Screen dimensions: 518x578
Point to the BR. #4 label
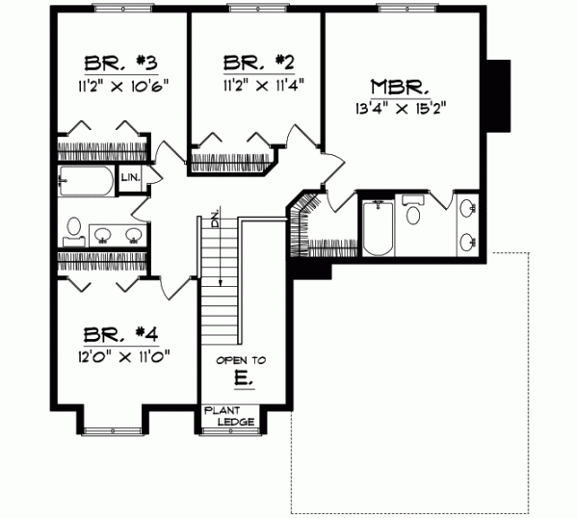point(119,336)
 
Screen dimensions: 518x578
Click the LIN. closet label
point(130,178)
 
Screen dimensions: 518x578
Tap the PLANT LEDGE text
point(228,416)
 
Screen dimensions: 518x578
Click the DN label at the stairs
point(219,219)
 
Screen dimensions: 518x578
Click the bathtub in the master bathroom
point(377,229)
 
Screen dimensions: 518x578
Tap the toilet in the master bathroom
point(413,212)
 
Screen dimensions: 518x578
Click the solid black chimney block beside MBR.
point(498,95)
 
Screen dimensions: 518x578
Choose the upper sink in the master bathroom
point(469,208)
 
